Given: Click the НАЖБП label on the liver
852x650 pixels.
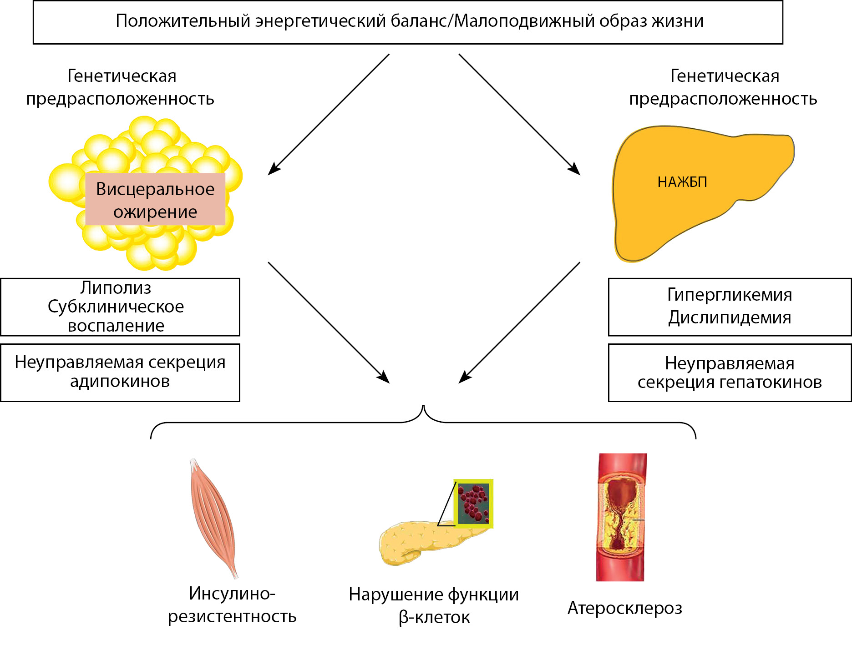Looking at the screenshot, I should point(682,182).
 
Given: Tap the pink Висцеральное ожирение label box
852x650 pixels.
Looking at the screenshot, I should point(155,200).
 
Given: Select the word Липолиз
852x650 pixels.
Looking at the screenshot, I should point(116,288).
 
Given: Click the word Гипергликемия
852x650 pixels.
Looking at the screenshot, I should point(730,295).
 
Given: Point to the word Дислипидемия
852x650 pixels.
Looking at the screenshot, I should point(730,317).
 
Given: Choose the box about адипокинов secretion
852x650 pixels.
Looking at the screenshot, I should point(120,372).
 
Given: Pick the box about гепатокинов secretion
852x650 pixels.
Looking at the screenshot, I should point(730,373).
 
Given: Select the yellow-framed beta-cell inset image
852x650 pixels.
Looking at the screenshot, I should point(474,503).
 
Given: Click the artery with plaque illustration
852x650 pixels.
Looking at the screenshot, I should point(621,517).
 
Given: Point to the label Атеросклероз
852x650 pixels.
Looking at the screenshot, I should point(624,608).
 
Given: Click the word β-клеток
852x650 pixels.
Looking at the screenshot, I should point(434,618).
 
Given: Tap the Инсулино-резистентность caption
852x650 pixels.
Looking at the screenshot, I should point(232,605).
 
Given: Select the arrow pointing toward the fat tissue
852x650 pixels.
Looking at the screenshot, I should point(328,115).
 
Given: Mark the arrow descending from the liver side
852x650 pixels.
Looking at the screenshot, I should point(519,323).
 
